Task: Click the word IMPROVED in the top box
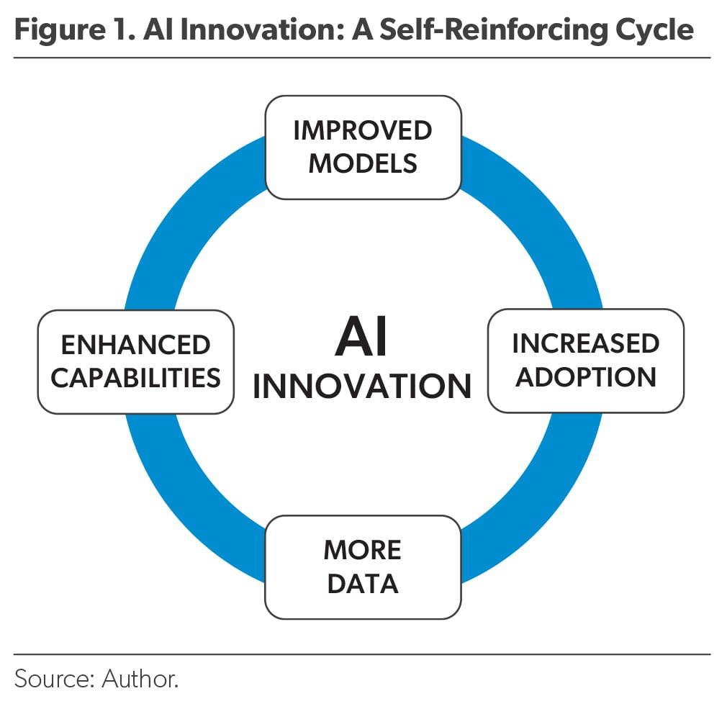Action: (x=363, y=130)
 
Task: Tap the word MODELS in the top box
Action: (x=363, y=163)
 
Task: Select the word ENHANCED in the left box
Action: (x=136, y=345)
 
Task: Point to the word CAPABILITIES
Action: (x=136, y=378)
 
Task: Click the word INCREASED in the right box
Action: (x=586, y=343)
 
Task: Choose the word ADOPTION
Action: (x=586, y=376)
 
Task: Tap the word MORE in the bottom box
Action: (x=363, y=551)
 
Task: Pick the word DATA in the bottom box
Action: (x=363, y=584)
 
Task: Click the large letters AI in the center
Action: (x=361, y=337)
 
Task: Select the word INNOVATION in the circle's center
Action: (x=362, y=387)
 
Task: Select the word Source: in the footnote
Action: (x=55, y=679)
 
